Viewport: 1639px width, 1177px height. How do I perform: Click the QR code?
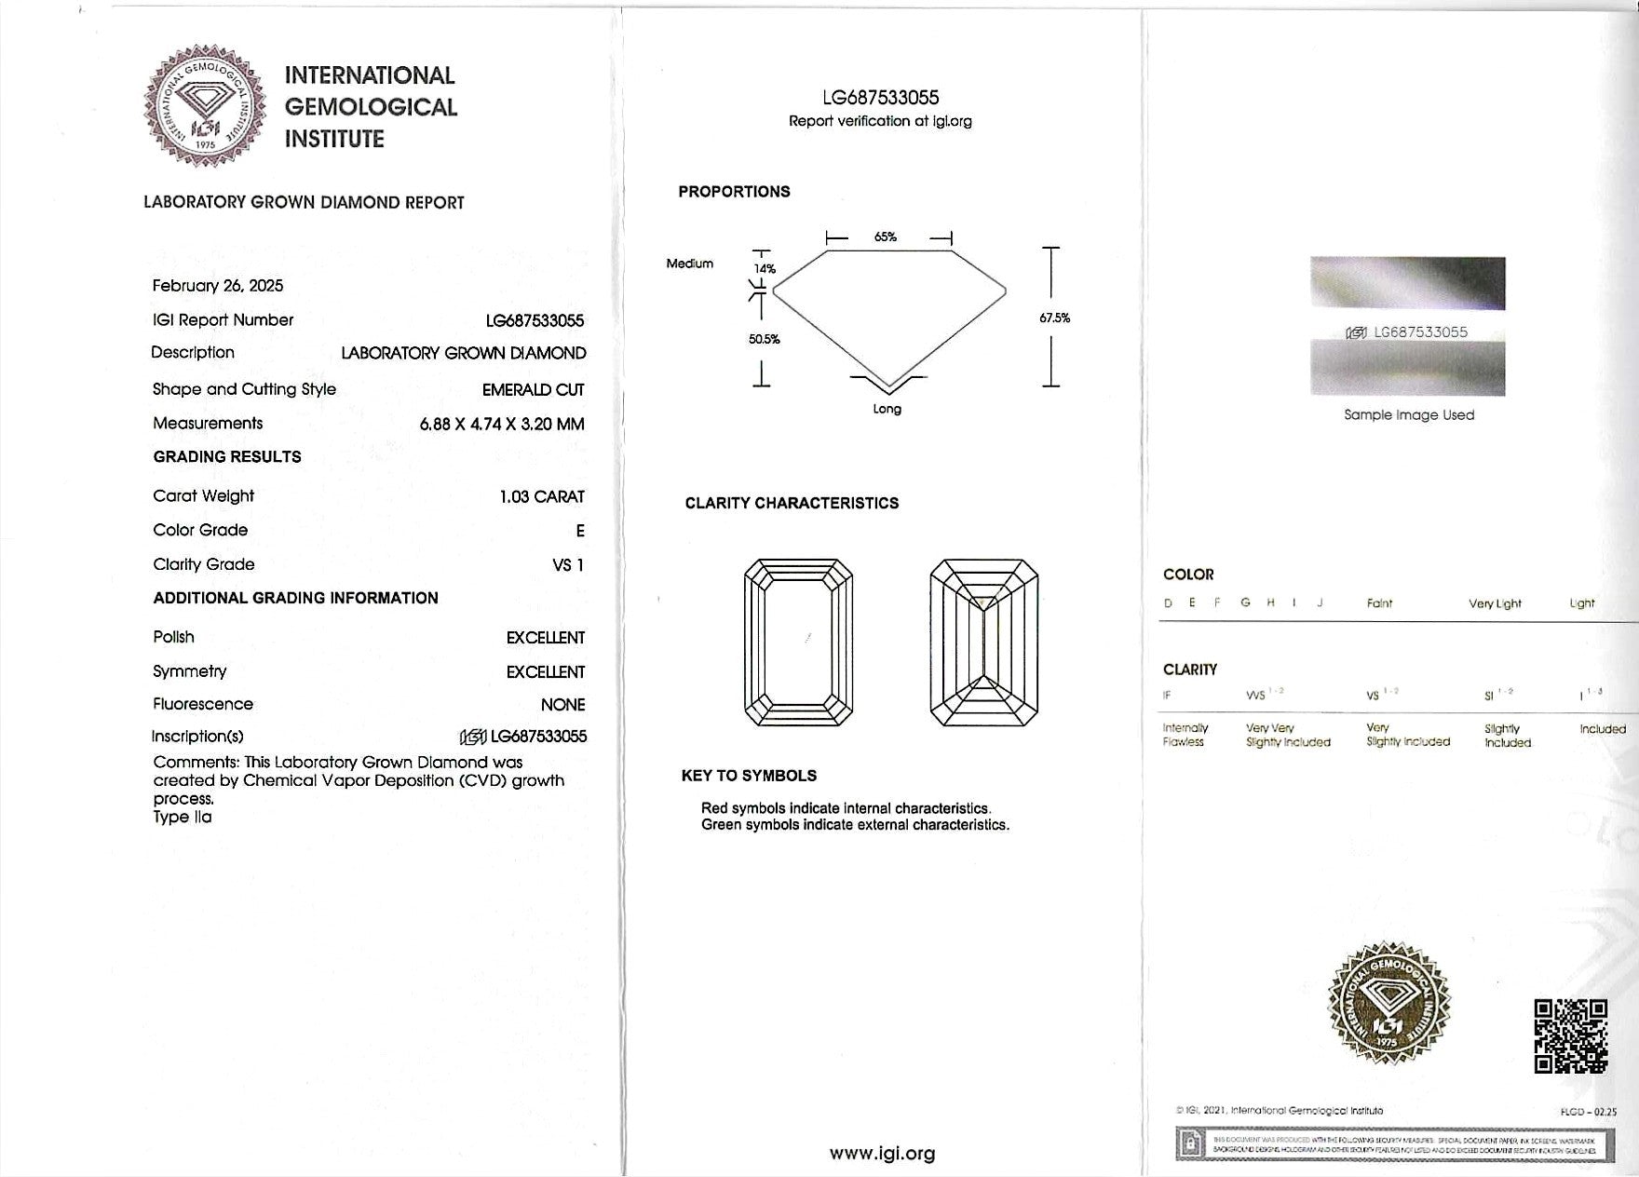1570,1035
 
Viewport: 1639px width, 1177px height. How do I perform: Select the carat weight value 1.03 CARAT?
542,496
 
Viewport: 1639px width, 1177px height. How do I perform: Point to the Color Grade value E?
580,531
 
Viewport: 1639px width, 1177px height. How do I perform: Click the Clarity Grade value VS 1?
568,564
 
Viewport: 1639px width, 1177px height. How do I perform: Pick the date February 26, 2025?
218,286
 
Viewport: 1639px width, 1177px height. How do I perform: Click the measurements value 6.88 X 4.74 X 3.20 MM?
502,424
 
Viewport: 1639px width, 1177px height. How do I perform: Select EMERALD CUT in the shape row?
533,389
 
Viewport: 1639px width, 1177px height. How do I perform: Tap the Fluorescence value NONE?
562,705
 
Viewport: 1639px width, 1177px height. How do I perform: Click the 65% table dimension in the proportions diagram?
886,237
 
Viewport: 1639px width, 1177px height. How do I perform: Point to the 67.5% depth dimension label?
1054,318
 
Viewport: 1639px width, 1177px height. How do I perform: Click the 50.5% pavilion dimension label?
764,339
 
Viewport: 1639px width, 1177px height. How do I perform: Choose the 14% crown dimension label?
765,268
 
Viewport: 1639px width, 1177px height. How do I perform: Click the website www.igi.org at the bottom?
882,1154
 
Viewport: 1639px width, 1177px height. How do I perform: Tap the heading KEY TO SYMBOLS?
749,776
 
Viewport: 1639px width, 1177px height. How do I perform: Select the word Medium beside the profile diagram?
689,264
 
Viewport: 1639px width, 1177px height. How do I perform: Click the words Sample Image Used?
1409,415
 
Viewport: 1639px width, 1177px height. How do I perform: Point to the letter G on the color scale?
1245,602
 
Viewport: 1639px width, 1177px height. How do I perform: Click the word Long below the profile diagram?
887,409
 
